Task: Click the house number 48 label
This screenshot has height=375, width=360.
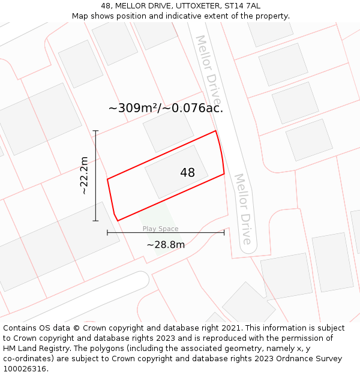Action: pyautogui.click(x=187, y=173)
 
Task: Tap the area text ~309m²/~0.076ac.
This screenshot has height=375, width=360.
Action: pyautogui.click(x=166, y=109)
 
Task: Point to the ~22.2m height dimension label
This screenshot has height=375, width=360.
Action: pyautogui.click(x=85, y=176)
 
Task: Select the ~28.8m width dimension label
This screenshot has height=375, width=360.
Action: pyautogui.click(x=166, y=245)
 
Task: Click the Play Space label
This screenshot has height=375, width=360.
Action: pyautogui.click(x=160, y=229)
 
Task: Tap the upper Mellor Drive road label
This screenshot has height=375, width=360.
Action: pyautogui.click(x=208, y=68)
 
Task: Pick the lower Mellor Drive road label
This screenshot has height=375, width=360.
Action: pyautogui.click(x=242, y=208)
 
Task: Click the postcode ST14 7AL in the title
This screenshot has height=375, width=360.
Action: pyautogui.click(x=242, y=5)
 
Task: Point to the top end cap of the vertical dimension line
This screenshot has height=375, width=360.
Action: pyautogui.click(x=95, y=131)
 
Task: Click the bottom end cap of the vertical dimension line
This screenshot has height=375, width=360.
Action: pyautogui.click(x=95, y=221)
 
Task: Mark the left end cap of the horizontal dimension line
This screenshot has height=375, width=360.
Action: pyautogui.click(x=107, y=232)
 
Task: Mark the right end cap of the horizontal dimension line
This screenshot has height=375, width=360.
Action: pyautogui.click(x=224, y=232)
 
